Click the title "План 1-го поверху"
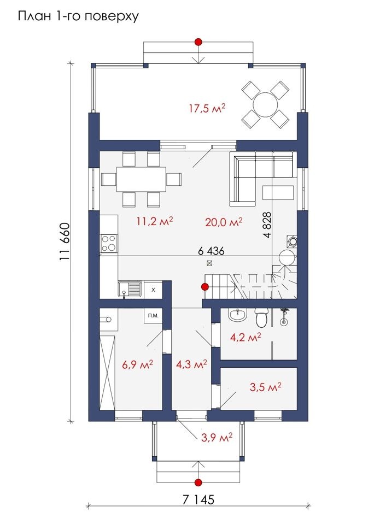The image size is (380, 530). [x=78, y=16]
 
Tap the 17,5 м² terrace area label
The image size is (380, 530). [x=207, y=109]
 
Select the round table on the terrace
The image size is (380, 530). [x=265, y=104]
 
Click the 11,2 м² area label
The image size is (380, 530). [x=155, y=221]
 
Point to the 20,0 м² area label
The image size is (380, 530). [x=224, y=222]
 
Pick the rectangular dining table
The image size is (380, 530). [x=142, y=179]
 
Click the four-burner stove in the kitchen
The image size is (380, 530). [x=109, y=243]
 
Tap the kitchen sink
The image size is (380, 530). [x=130, y=290]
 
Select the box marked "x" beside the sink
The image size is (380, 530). [x=153, y=290]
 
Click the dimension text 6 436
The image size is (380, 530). [x=211, y=251]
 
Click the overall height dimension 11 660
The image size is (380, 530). [x=65, y=241]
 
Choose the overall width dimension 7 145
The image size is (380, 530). [x=198, y=499]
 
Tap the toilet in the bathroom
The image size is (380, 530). [x=261, y=317]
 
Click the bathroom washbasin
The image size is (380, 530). [x=238, y=315]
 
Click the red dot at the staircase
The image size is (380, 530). [x=204, y=287]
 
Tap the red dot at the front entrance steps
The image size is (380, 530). [x=198, y=482]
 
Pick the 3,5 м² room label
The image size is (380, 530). [x=266, y=387]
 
